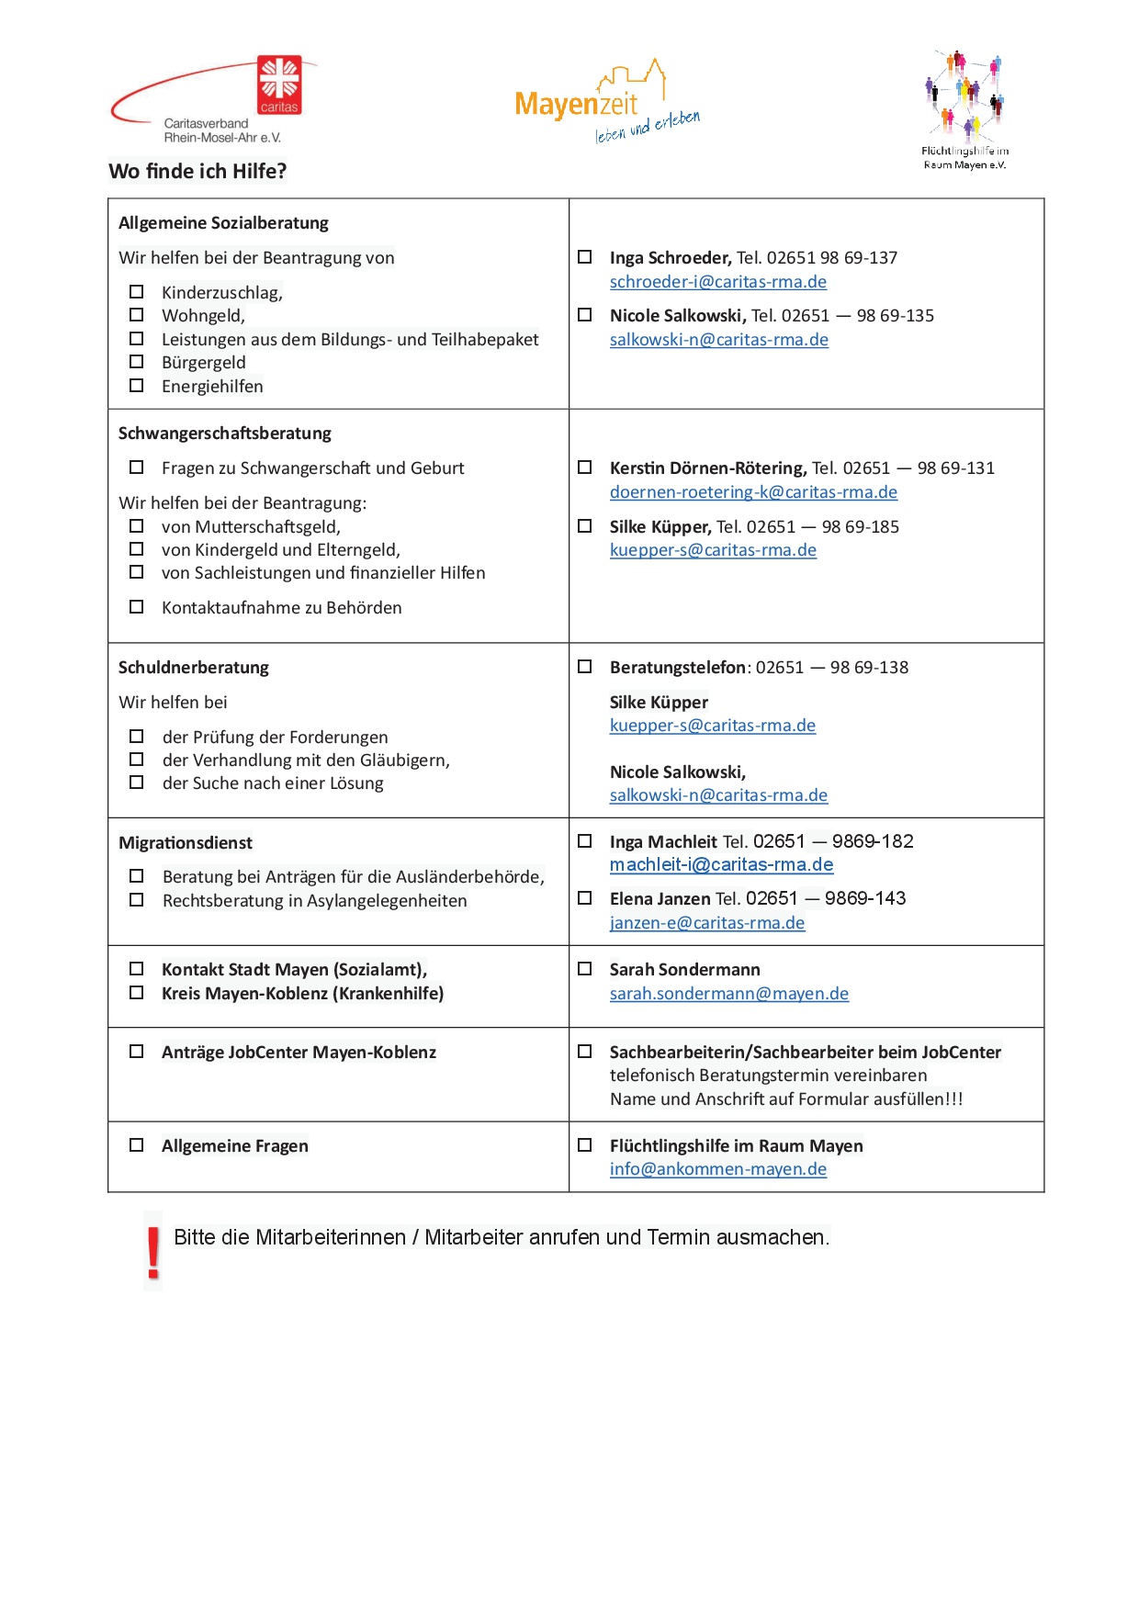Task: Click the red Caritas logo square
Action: [279, 84]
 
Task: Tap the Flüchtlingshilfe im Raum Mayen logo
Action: [964, 108]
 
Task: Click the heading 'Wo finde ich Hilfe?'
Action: [197, 172]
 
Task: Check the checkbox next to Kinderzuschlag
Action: [137, 292]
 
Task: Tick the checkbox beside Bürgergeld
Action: [137, 362]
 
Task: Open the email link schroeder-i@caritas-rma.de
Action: [717, 282]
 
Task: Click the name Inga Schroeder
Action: [670, 258]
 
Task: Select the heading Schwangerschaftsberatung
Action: [224, 434]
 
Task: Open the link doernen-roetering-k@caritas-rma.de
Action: [753, 492]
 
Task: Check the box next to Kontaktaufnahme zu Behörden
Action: [137, 607]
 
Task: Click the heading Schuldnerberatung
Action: [193, 668]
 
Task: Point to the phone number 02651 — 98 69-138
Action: [831, 668]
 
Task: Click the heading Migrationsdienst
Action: [185, 843]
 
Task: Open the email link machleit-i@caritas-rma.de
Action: [721, 865]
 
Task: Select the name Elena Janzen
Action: [660, 899]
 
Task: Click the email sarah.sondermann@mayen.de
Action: [728, 994]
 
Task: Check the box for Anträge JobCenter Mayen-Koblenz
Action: [137, 1052]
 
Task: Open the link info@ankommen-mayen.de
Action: [717, 1169]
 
